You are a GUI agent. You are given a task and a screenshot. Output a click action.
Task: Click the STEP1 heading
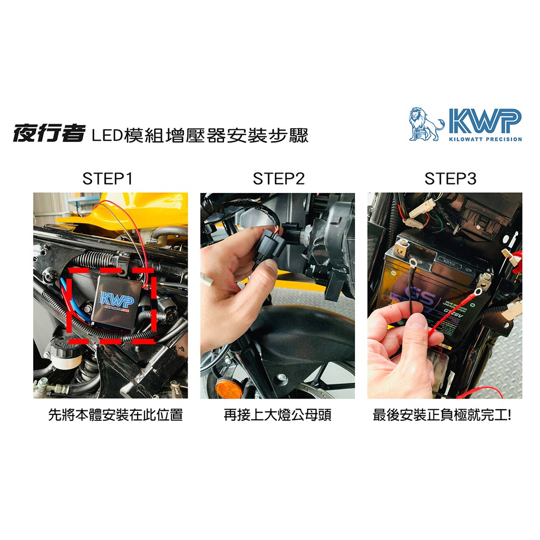(x=108, y=179)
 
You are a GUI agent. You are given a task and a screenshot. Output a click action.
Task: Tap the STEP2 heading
(x=278, y=179)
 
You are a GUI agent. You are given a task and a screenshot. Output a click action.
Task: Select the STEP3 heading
(x=450, y=179)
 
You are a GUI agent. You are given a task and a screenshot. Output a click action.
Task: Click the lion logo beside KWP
(x=426, y=124)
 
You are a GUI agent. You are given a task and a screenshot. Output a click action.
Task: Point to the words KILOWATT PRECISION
(x=486, y=139)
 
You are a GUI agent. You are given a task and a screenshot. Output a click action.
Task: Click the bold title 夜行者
(x=49, y=133)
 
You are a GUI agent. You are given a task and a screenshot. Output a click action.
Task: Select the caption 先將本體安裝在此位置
(x=115, y=415)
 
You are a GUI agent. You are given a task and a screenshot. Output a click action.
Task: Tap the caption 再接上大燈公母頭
(x=277, y=415)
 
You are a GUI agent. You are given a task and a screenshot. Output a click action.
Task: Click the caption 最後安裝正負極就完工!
(x=442, y=415)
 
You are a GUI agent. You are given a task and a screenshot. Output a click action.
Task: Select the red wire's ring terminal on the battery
(x=477, y=293)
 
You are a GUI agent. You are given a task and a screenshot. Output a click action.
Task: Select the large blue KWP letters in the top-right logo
(x=485, y=121)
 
